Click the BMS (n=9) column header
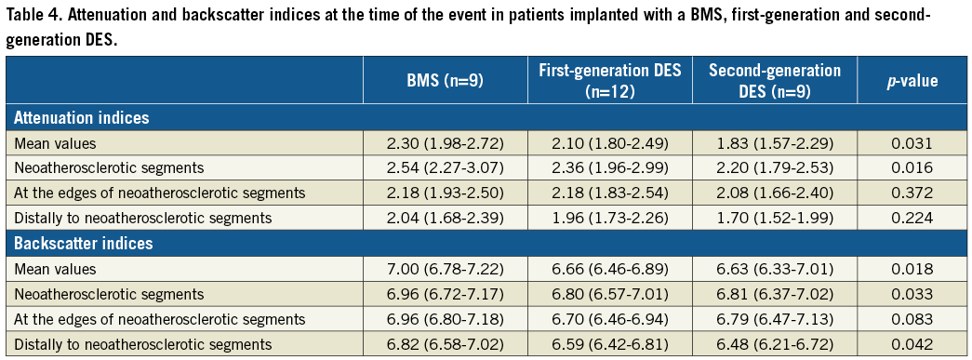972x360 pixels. coord(446,81)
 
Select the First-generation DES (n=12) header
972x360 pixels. coord(610,81)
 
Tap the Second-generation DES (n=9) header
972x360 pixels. coord(775,81)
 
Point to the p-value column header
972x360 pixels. coord(912,81)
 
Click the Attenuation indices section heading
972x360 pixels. coord(81,118)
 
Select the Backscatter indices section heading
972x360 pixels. coord(83,244)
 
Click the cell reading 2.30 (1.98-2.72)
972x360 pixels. coord(446,144)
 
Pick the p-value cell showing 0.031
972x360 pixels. coord(912,144)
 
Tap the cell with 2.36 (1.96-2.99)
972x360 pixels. coord(610,168)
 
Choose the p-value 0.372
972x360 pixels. coord(912,193)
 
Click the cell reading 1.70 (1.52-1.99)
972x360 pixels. coord(775,218)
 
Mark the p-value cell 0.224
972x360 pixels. coord(912,218)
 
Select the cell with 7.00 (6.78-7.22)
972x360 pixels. coord(446,270)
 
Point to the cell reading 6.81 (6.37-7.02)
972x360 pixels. coord(775,294)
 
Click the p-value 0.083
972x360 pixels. coord(912,319)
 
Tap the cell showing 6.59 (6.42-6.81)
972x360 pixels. coord(610,344)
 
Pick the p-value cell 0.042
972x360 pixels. coord(912,344)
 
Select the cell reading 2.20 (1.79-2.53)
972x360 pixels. coord(775,168)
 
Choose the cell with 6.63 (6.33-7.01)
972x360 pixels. coord(775,270)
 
